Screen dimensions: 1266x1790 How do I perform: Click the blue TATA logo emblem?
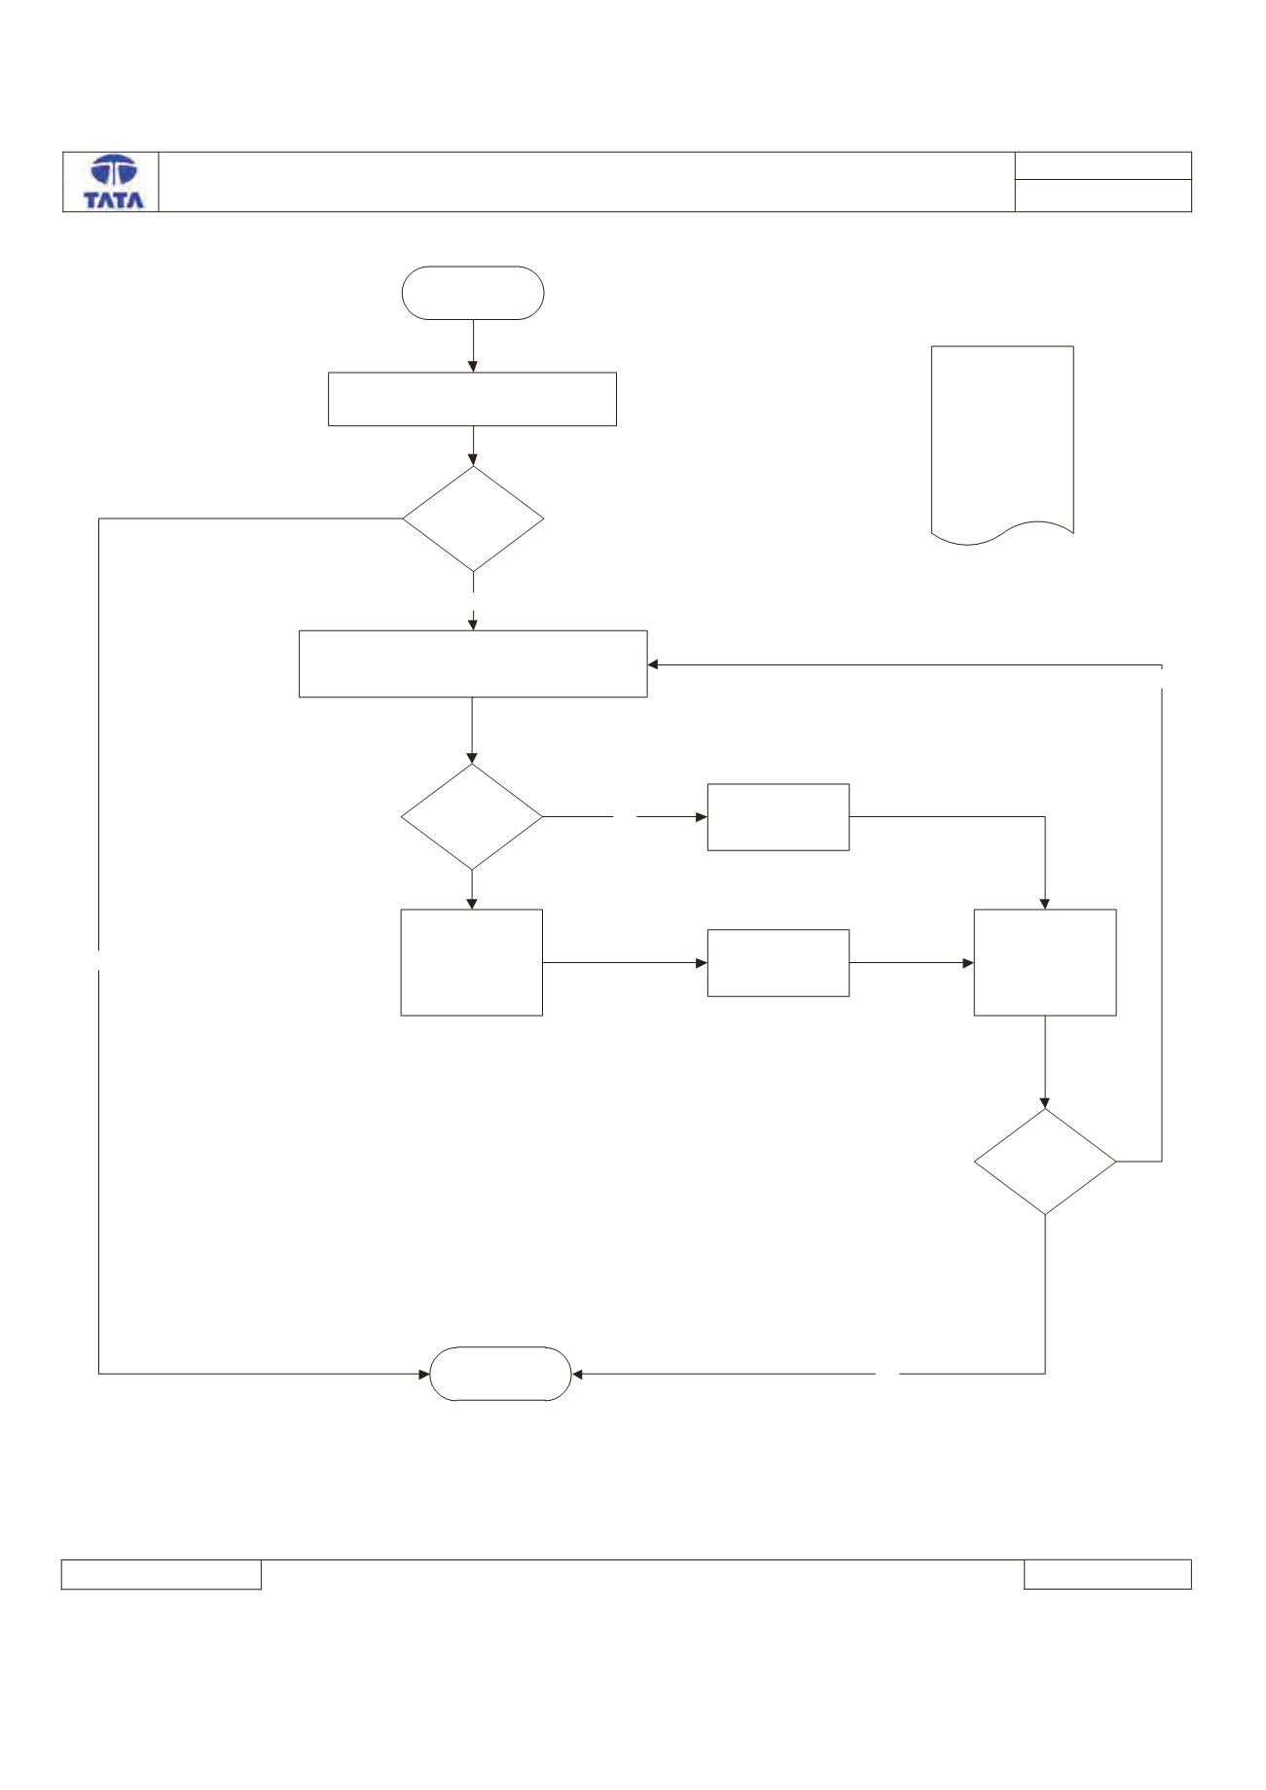click(x=114, y=171)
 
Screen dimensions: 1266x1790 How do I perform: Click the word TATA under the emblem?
click(x=114, y=200)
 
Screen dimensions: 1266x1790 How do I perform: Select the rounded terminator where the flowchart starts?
click(x=473, y=293)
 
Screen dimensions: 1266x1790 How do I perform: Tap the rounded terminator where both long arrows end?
click(x=501, y=1374)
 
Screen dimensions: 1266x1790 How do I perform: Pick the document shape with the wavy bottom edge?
click(x=1002, y=444)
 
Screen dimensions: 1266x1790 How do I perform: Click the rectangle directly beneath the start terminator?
click(x=472, y=399)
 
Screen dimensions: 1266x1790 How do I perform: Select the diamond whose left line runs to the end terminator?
click(x=473, y=519)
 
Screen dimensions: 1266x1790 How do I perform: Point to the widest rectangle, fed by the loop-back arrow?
click(x=473, y=663)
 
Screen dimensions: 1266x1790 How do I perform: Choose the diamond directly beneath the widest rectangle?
click(x=472, y=816)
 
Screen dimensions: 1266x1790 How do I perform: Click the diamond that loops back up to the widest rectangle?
click(x=1045, y=1162)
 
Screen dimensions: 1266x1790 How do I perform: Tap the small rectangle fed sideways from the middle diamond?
click(x=778, y=817)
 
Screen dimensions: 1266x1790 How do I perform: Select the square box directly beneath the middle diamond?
click(x=472, y=963)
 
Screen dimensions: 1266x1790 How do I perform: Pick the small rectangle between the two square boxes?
click(x=778, y=963)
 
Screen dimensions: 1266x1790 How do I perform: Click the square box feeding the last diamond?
click(x=1045, y=963)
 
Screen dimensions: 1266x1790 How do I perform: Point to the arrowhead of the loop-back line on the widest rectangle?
click(x=654, y=665)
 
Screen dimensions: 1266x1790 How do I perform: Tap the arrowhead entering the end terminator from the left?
click(x=424, y=1375)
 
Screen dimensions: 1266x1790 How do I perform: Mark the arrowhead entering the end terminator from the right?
click(x=578, y=1375)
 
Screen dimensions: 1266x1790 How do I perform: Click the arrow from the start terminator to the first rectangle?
click(x=473, y=345)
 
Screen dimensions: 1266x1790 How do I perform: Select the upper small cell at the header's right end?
click(x=1103, y=165)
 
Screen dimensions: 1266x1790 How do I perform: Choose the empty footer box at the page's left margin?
click(x=162, y=1575)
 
